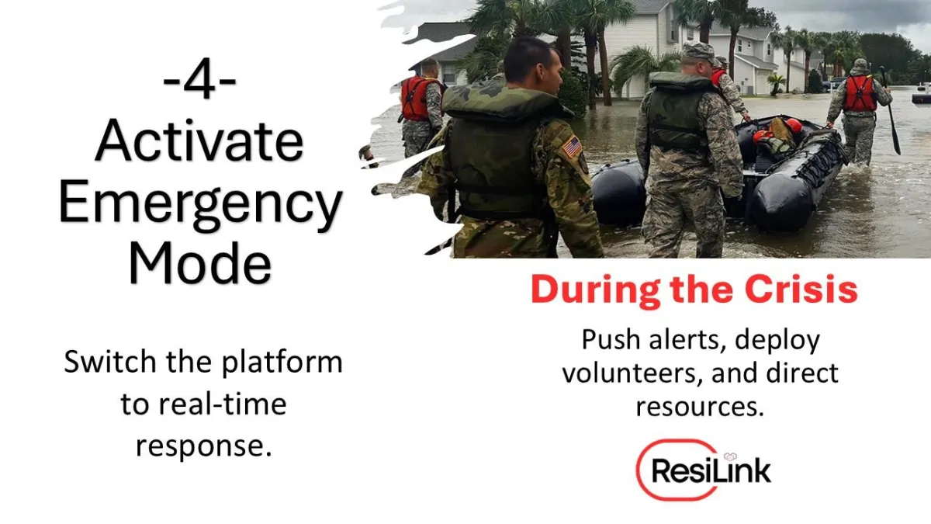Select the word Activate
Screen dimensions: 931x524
pyautogui.click(x=199, y=141)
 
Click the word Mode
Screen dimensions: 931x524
pyautogui.click(x=200, y=263)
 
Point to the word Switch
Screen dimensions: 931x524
pyautogui.click(x=110, y=361)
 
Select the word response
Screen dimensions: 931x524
pyautogui.click(x=203, y=447)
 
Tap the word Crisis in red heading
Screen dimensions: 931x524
pyautogui.click(x=801, y=289)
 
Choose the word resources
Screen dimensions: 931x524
pyautogui.click(x=700, y=406)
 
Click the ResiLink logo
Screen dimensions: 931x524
pyautogui.click(x=703, y=470)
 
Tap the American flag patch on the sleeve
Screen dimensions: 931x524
pyautogui.click(x=573, y=147)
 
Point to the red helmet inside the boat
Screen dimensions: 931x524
pyautogui.click(x=794, y=125)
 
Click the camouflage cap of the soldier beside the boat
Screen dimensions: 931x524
pyautogui.click(x=697, y=51)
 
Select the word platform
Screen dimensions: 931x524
pyautogui.click(x=282, y=363)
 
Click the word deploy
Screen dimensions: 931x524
pyautogui.click(x=777, y=342)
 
